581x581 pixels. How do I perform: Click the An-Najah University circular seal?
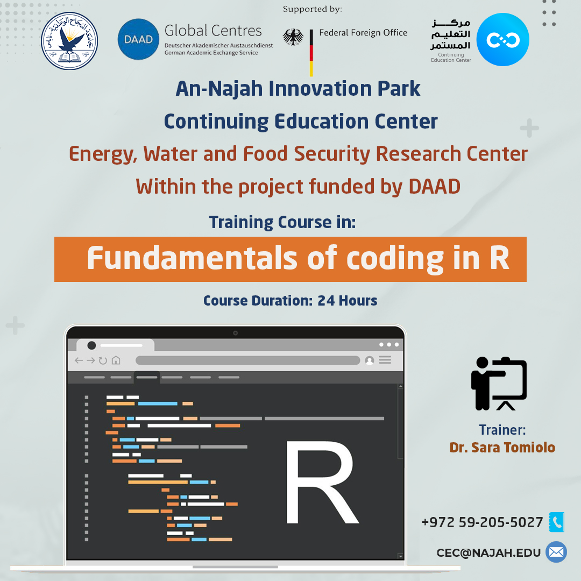coord(69,41)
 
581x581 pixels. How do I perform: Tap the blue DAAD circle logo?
coord(138,39)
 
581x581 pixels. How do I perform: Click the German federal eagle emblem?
coord(293,37)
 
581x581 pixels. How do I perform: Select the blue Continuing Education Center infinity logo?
coord(503,40)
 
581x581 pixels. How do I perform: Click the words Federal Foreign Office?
coord(363,33)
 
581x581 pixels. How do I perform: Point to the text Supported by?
coord(313,9)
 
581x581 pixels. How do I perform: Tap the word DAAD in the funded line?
coord(434,186)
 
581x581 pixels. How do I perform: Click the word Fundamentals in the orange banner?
coord(192,258)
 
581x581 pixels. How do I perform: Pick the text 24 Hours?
coord(347,301)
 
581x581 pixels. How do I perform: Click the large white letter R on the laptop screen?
coord(322,482)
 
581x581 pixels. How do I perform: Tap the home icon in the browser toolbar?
coord(116,360)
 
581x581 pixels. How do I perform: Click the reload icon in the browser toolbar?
coord(103,360)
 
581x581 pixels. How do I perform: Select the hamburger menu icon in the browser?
coord(385,360)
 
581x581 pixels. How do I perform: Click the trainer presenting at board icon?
coord(499,384)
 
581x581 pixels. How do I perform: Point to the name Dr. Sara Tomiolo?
coord(502,448)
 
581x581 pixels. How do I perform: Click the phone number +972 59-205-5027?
coord(482,522)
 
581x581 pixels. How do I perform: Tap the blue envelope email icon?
coord(556,552)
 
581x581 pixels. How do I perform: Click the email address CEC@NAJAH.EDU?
coord(488,553)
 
